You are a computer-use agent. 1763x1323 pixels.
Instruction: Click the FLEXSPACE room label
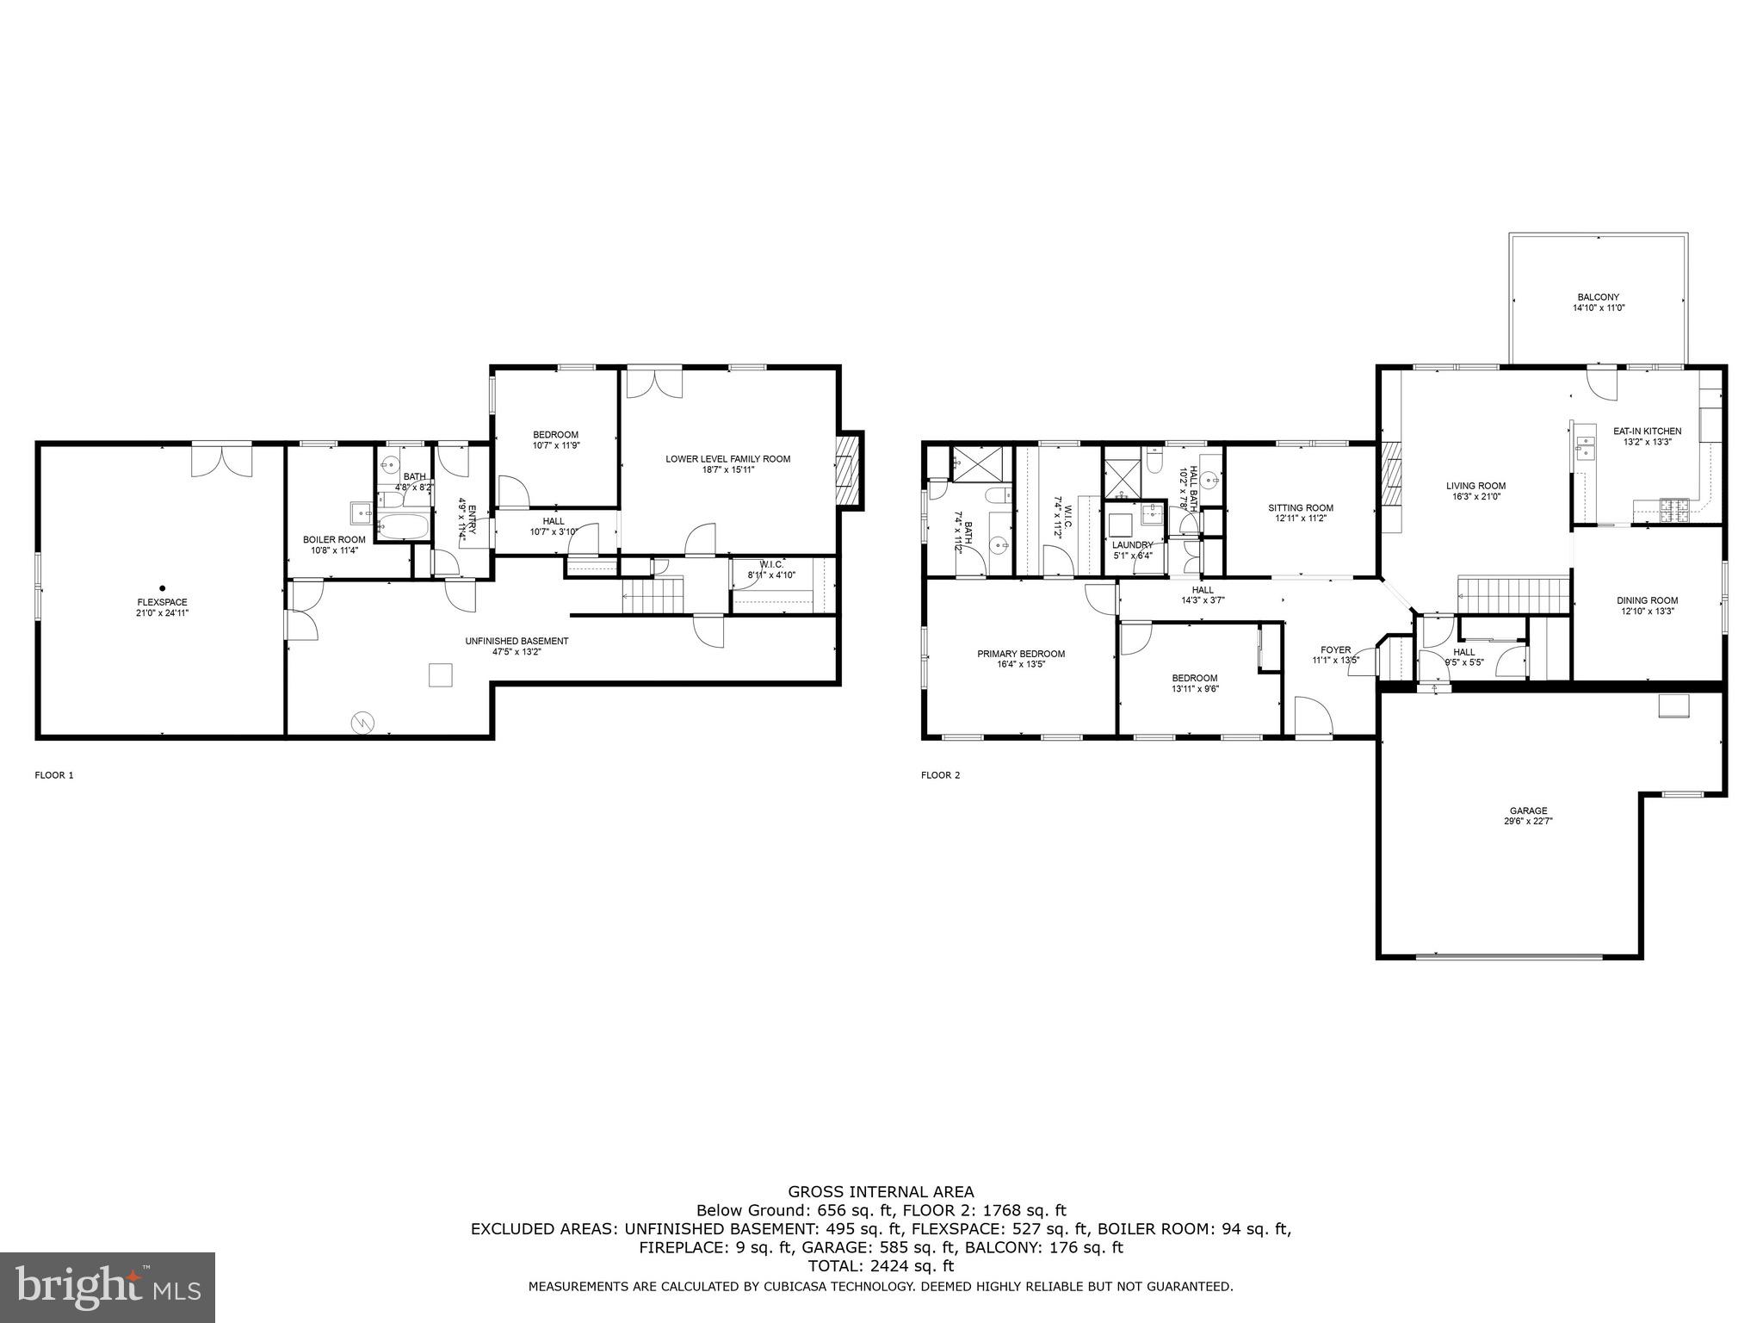tap(162, 602)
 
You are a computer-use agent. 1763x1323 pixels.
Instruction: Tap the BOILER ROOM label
tap(334, 539)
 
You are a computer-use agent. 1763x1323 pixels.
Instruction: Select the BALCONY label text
tap(1599, 297)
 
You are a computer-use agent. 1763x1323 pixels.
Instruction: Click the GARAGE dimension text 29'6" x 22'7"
tap(1528, 821)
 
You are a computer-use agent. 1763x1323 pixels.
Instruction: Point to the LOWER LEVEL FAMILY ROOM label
tap(727, 459)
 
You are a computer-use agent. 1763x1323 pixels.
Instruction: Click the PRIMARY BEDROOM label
tap(1021, 654)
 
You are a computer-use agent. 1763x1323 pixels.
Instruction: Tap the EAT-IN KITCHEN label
tap(1647, 432)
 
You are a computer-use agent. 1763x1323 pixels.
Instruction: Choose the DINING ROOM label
tap(1647, 600)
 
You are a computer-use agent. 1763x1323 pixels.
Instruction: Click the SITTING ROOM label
tap(1300, 508)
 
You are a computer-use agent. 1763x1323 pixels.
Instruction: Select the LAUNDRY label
tap(1132, 545)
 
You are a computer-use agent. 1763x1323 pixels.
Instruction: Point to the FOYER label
tap(1335, 650)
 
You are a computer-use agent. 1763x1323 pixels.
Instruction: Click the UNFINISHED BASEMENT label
tap(517, 641)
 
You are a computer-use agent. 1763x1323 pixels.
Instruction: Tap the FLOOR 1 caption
tap(54, 775)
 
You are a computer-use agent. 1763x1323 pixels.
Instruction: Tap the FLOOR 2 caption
tap(940, 775)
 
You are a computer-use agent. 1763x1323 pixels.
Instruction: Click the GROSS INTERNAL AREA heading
tap(881, 1192)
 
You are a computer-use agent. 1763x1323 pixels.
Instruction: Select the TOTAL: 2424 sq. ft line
tap(881, 1266)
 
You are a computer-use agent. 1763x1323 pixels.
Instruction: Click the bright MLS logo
tap(108, 1288)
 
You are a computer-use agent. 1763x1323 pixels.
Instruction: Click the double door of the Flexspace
tap(221, 459)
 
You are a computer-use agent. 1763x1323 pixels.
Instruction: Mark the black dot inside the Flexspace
tap(162, 588)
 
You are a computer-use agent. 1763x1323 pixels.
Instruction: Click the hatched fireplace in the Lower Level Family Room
tap(849, 471)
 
